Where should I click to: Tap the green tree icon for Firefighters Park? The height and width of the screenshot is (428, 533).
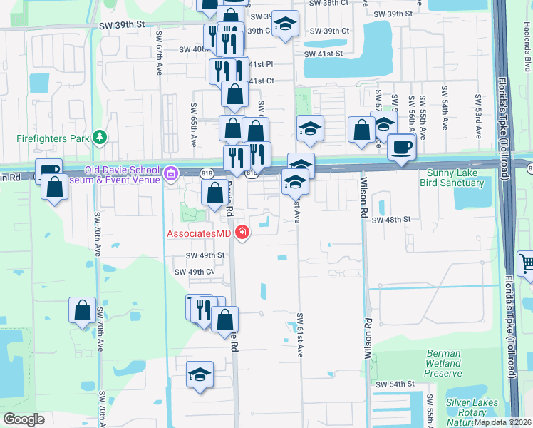pos(100,136)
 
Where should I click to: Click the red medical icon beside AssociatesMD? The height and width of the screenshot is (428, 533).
pos(242,233)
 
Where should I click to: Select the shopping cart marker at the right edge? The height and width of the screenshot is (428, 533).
pos(526,263)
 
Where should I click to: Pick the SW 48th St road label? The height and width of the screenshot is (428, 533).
pos(391,220)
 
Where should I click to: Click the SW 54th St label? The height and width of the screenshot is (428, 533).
pos(395,384)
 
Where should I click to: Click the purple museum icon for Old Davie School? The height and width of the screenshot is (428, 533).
pos(170,174)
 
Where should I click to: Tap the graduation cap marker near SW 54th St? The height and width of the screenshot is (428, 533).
pos(200,374)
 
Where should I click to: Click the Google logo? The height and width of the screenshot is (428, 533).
pos(24,419)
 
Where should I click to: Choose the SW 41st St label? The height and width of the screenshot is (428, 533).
pos(324,53)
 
